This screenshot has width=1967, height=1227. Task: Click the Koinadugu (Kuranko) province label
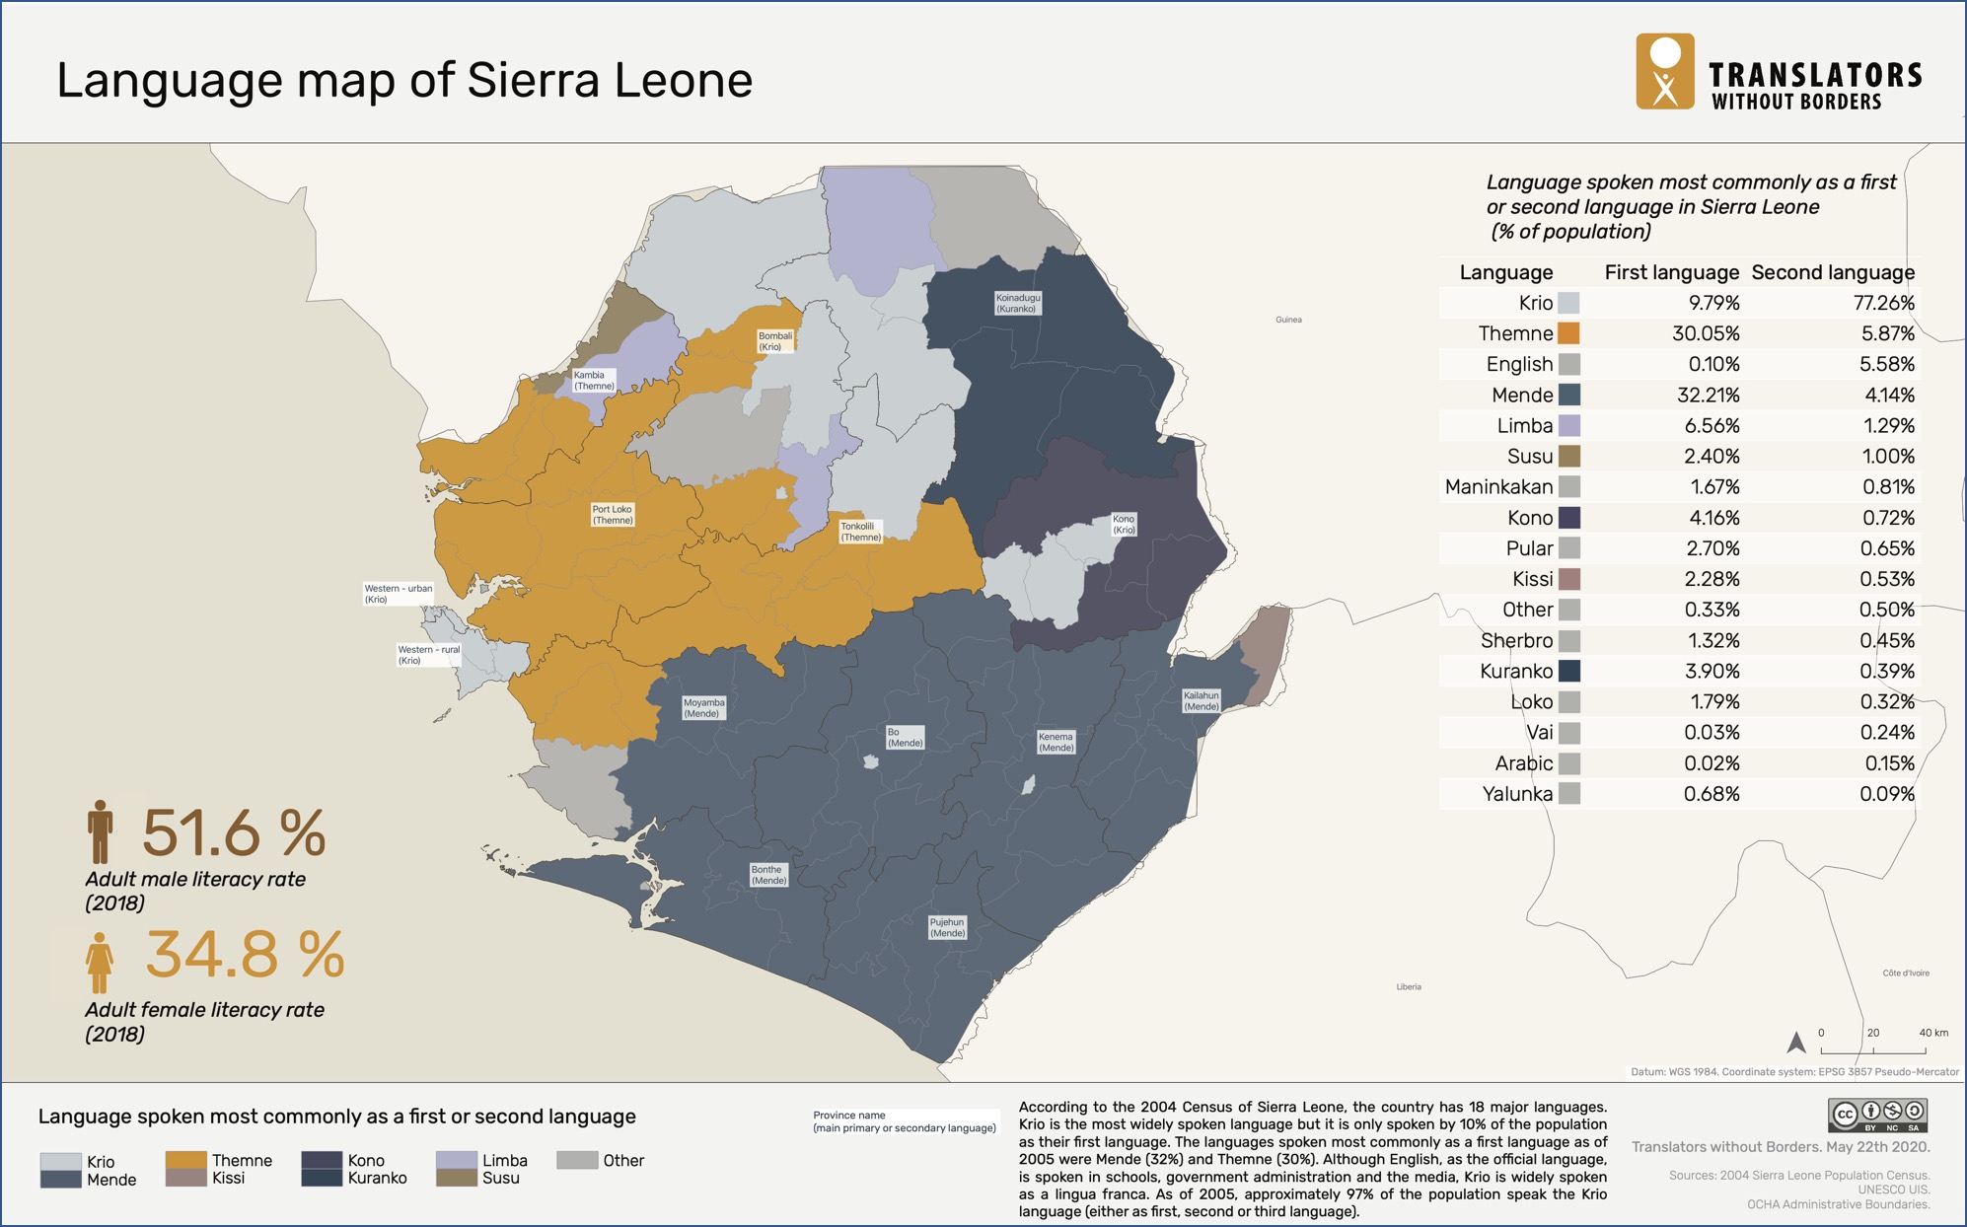coord(1017,303)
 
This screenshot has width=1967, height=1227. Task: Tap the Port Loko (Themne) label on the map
coord(612,515)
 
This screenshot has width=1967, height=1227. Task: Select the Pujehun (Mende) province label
coord(947,927)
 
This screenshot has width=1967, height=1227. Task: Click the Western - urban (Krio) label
coord(398,593)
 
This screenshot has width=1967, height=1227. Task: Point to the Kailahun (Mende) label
coord(1201,700)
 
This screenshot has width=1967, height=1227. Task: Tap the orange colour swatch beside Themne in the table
coord(1568,333)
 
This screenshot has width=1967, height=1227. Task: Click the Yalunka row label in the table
coord(1516,794)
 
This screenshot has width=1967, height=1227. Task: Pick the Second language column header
coord(1832,272)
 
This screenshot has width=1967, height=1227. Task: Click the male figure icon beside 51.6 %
coord(100,831)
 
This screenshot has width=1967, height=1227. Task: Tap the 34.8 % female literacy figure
coord(245,955)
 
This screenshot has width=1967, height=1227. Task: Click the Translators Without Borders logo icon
coord(1665,71)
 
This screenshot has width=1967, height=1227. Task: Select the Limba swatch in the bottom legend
coord(457,1160)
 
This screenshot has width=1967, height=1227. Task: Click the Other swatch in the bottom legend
coord(577,1160)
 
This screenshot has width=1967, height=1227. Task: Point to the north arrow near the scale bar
coord(1796,1042)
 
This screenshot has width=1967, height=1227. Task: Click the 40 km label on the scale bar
coord(1932,1033)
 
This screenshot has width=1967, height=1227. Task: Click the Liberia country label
coord(1409,986)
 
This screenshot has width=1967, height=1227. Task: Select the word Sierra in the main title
coord(533,80)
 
